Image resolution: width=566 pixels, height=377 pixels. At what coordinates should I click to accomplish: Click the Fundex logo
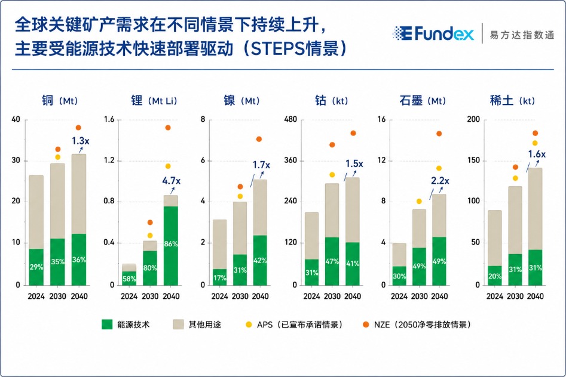click(433, 33)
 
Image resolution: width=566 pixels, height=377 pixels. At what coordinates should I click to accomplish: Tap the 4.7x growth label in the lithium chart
click(171, 181)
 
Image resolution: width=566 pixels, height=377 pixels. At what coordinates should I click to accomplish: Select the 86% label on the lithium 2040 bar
click(171, 244)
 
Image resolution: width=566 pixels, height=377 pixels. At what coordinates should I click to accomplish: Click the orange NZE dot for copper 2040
click(78, 128)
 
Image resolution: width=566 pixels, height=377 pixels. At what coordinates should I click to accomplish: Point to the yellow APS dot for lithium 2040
click(168, 166)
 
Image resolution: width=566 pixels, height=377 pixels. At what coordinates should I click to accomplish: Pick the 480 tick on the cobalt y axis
click(290, 119)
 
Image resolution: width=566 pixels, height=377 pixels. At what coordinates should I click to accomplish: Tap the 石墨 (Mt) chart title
click(423, 101)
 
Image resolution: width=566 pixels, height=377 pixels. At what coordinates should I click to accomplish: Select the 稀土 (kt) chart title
click(512, 101)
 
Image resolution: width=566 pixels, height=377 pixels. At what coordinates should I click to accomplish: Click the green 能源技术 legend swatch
click(107, 325)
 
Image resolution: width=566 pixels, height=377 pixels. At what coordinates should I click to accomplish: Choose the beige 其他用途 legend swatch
click(178, 325)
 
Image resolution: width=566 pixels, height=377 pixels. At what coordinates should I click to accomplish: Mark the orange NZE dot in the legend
click(366, 325)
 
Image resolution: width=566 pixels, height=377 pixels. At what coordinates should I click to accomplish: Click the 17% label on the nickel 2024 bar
click(219, 278)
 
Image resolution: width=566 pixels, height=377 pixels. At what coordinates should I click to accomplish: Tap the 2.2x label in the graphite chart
click(440, 181)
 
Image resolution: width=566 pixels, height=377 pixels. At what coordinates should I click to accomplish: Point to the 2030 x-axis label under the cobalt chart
click(332, 296)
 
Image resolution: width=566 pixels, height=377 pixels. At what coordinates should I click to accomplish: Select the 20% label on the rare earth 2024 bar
click(494, 276)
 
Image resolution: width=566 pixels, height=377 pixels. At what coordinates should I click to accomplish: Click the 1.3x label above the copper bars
click(80, 141)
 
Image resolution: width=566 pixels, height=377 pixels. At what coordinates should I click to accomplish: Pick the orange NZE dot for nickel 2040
click(259, 139)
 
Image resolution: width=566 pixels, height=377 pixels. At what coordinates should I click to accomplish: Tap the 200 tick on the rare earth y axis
click(473, 119)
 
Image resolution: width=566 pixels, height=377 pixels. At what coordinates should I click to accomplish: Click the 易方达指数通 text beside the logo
click(522, 35)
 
